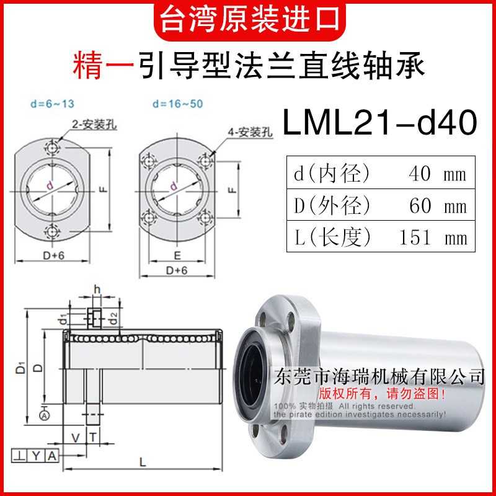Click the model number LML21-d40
pyautogui.click(x=379, y=122)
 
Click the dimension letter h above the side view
pyautogui.click(x=96, y=289)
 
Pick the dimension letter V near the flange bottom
pyautogui.click(x=76, y=437)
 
